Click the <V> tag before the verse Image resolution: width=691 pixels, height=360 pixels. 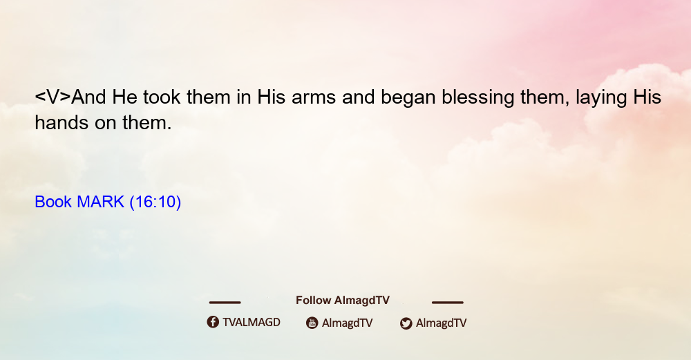tap(53, 97)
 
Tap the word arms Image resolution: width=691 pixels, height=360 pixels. tap(314, 97)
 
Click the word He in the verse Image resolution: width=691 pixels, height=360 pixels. tap(124, 97)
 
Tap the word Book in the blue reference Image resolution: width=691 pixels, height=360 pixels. tap(53, 202)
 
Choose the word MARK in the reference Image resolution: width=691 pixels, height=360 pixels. tap(100, 202)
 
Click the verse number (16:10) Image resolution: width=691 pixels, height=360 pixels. tap(155, 202)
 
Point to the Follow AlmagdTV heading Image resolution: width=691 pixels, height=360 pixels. tap(343, 301)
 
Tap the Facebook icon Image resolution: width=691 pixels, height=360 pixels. tap(213, 322)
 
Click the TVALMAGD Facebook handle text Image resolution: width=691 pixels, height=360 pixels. tap(252, 323)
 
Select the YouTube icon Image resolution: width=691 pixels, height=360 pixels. tap(312, 323)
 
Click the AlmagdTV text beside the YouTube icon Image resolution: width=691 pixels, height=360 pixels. tap(348, 323)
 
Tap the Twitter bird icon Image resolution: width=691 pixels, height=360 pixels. tap(406, 323)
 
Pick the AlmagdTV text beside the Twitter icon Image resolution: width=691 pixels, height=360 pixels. tap(441, 323)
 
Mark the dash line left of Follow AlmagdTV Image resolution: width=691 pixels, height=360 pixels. tap(225, 303)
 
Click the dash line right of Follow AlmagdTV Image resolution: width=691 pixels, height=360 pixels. tap(448, 303)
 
